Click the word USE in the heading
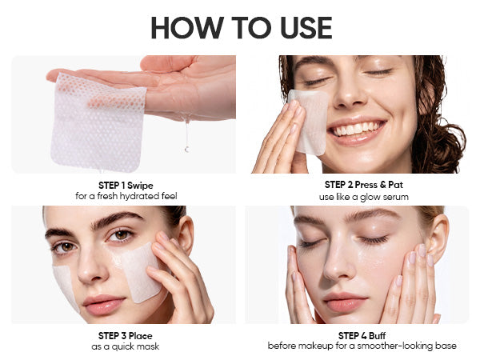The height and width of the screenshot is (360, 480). point(306,27)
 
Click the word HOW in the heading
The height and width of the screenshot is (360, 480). point(187,27)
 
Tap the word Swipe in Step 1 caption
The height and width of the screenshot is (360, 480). point(140,186)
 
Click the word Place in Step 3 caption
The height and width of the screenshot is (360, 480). point(140,336)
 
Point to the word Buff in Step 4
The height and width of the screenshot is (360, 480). point(377,336)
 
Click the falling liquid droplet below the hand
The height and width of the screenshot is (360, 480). point(186,150)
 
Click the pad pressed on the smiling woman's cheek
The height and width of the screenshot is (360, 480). point(309,122)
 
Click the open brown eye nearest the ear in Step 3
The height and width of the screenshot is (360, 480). point(122,235)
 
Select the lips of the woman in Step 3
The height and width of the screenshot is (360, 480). point(104,304)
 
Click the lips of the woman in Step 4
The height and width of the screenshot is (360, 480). point(344,302)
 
